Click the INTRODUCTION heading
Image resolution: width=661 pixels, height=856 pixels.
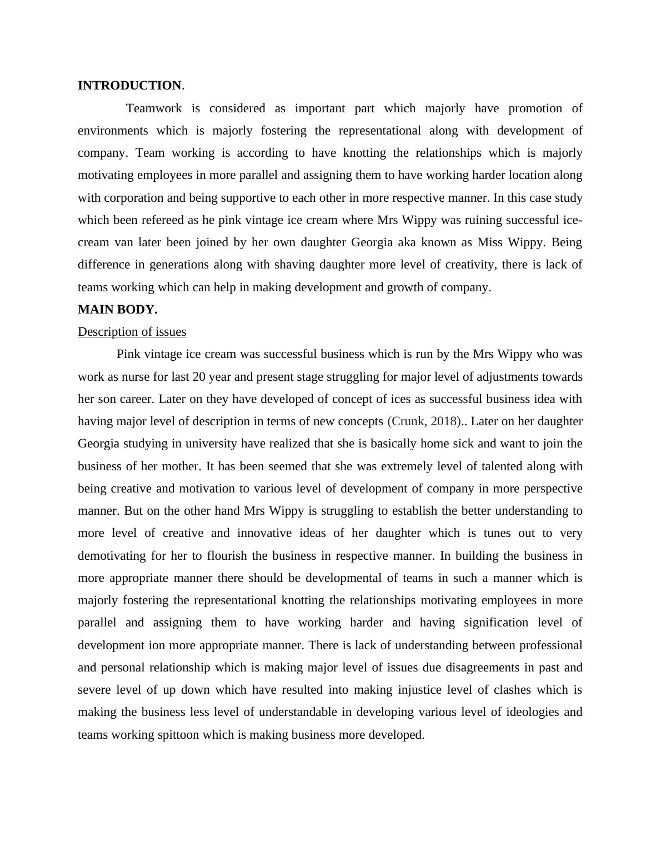[129, 86]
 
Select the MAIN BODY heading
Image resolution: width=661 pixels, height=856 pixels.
[117, 310]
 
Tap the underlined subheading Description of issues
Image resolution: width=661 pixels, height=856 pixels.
[132, 332]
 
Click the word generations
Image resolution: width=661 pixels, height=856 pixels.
[178, 265]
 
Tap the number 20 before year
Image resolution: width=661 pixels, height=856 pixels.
[199, 377]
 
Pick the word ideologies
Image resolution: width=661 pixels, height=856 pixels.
[533, 712]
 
